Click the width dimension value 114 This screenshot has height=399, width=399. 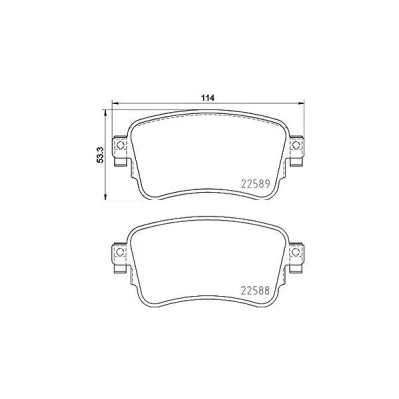click(x=208, y=98)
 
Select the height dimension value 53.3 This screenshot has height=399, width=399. click(x=100, y=155)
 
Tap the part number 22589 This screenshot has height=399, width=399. click(x=255, y=183)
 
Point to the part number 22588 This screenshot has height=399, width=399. click(x=255, y=291)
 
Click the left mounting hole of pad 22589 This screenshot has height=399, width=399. click(x=120, y=145)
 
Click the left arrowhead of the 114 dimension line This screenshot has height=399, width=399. click(x=114, y=103)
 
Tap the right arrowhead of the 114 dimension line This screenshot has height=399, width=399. click(x=301, y=103)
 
